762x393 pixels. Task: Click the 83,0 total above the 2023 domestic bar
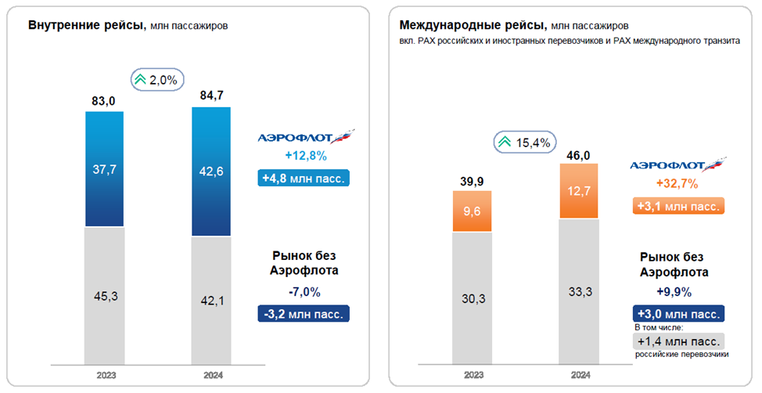104,100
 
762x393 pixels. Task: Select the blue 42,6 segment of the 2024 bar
211,171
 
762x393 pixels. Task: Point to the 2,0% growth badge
158,79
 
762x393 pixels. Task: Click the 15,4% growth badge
524,142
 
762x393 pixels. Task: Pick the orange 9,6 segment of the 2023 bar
472,211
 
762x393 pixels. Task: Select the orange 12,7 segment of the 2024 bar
580,191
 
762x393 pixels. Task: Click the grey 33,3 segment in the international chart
580,291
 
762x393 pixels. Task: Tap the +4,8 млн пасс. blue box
303,178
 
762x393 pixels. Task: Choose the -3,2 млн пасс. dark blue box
303,314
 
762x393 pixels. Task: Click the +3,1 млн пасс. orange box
678,207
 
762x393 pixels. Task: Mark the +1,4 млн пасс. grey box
678,341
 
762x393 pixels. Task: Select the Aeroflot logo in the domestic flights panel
306,137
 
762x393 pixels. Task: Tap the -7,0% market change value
303,291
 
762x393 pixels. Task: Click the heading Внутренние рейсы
86,25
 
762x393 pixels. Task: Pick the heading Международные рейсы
473,25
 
